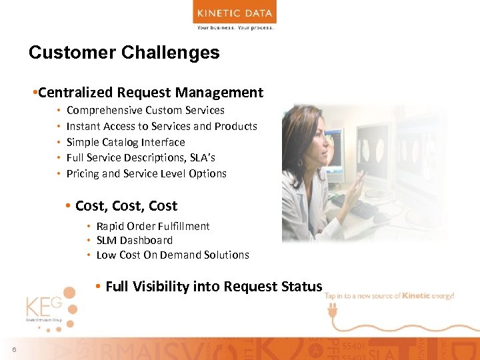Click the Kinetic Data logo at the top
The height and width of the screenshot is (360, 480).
click(x=235, y=13)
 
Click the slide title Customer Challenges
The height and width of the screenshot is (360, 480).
click(x=124, y=53)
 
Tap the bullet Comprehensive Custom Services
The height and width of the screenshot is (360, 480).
click(x=145, y=110)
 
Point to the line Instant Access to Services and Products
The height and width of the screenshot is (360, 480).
click(x=161, y=126)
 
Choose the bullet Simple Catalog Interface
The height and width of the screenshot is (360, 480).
click(x=125, y=142)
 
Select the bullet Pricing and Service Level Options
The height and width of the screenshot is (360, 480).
click(x=146, y=174)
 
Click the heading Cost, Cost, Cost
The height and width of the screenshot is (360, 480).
click(x=126, y=206)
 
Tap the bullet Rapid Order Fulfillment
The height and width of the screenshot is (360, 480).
click(x=153, y=227)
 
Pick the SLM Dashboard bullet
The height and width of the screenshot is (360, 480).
click(x=134, y=241)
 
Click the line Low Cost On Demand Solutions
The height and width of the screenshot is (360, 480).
click(x=173, y=255)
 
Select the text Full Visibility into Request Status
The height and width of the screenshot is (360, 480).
click(x=213, y=287)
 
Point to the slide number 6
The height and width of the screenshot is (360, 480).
click(x=13, y=351)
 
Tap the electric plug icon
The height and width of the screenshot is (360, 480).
click(x=331, y=309)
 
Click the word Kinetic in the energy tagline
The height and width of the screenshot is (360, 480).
click(x=417, y=295)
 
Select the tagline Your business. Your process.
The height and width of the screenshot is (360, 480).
click(x=235, y=28)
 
